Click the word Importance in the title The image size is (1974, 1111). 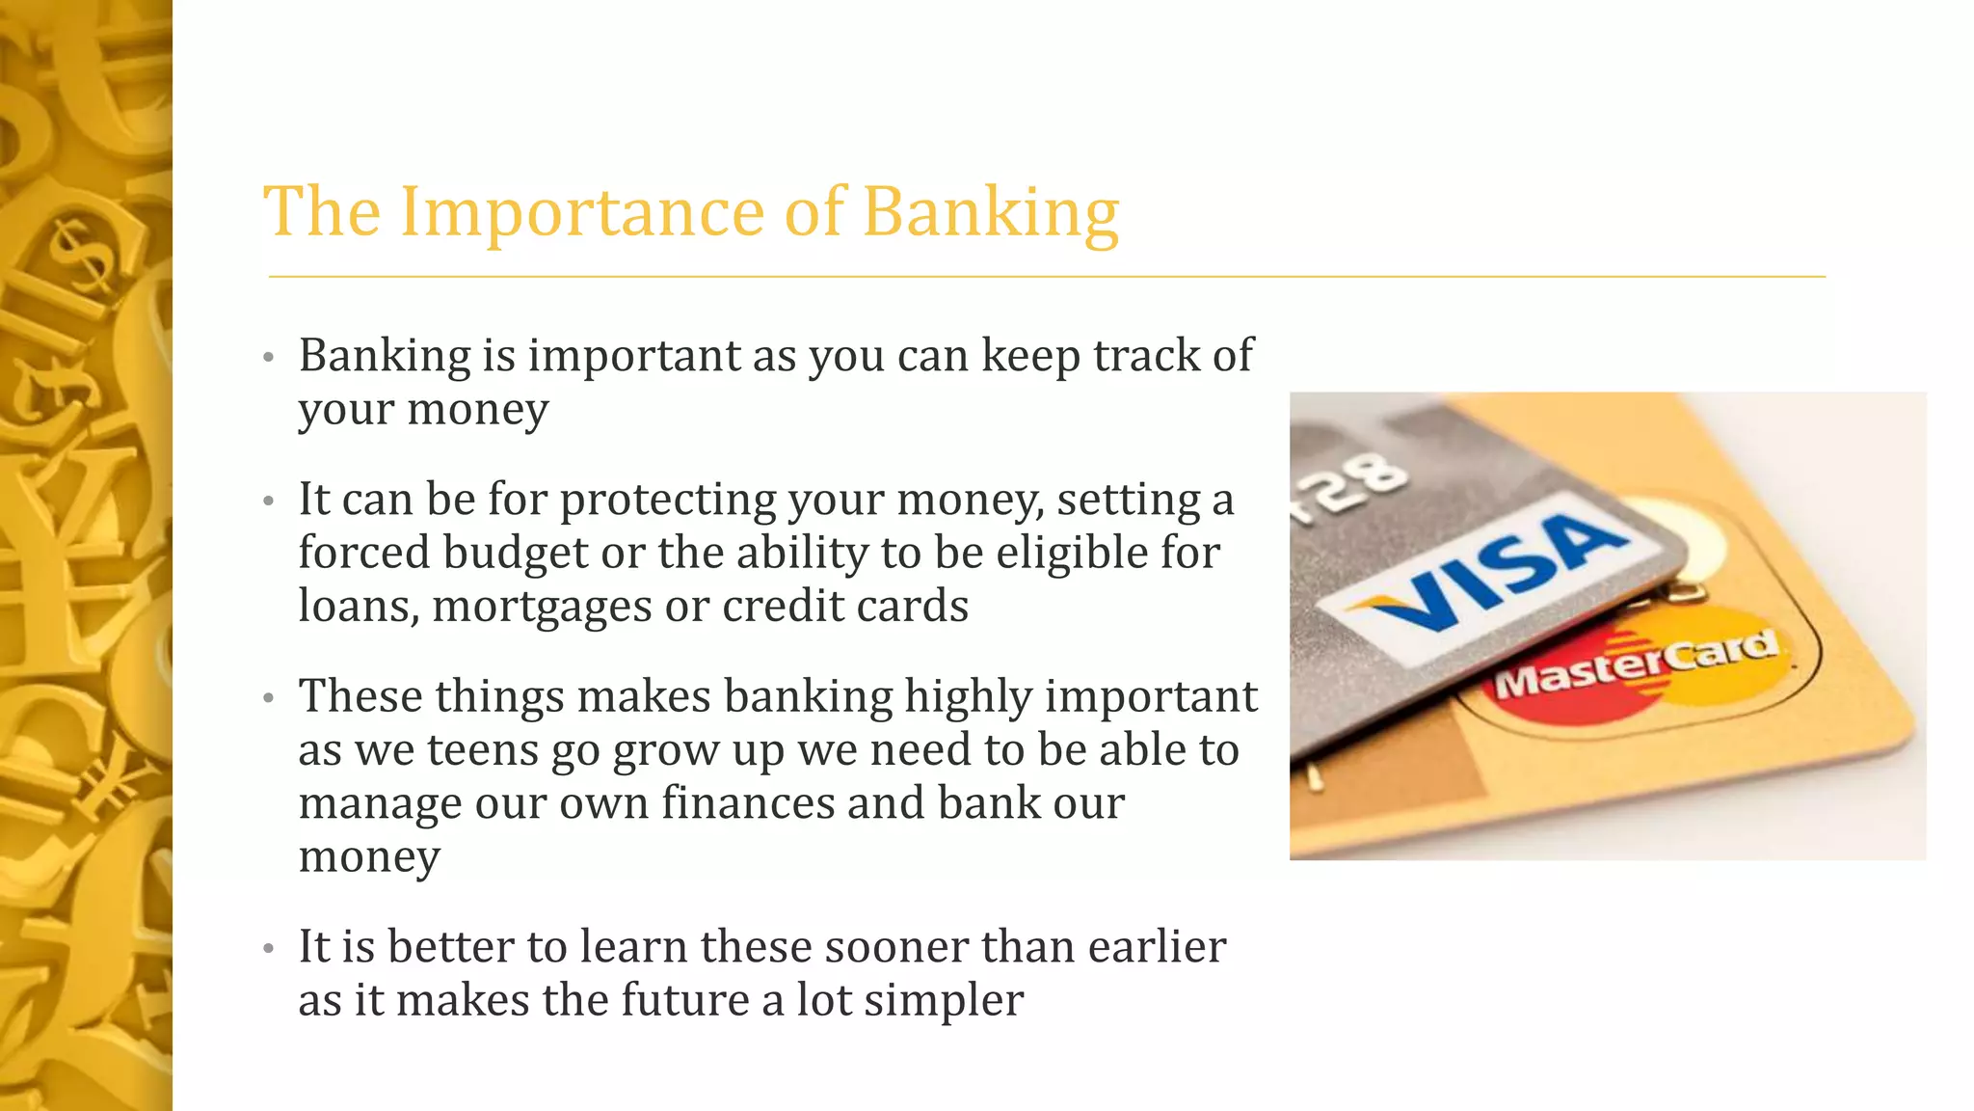[582, 212]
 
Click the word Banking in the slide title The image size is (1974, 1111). [990, 212]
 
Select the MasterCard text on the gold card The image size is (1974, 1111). [1636, 664]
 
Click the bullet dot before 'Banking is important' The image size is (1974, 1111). [269, 358]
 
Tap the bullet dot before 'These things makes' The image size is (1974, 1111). [269, 698]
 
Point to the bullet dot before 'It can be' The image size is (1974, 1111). [269, 501]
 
